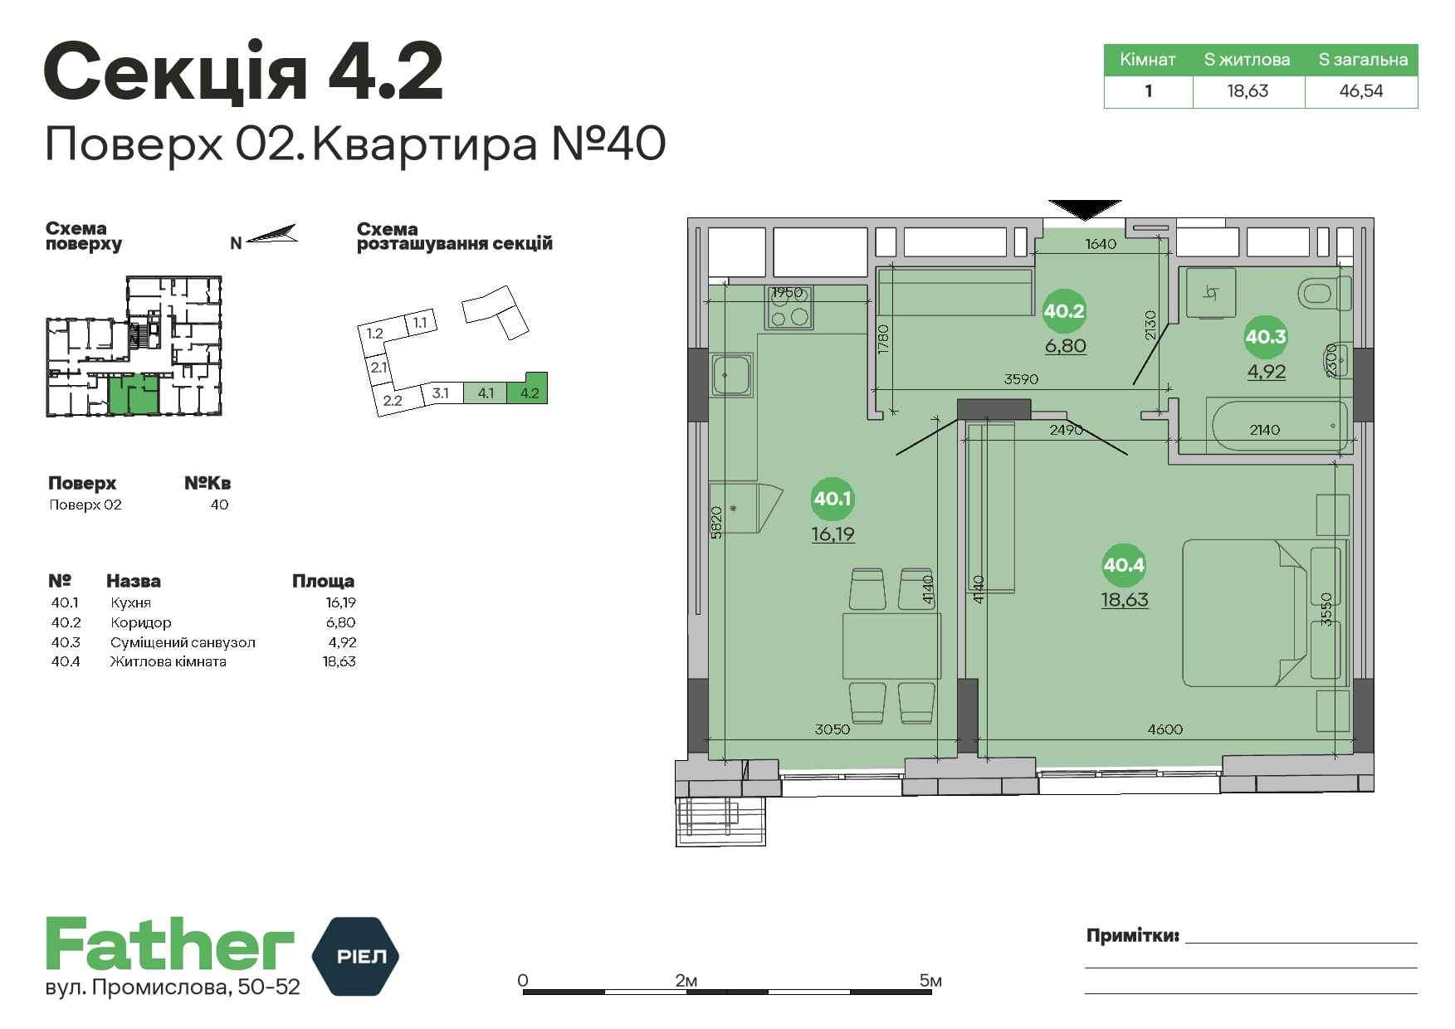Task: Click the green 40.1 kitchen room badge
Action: pos(832,499)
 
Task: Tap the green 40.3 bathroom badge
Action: pos(1266,336)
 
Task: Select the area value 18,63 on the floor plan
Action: pos(1125,599)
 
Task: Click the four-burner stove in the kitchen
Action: pos(789,307)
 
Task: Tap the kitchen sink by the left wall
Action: pos(731,376)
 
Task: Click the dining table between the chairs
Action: pos(892,646)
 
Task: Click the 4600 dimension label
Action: pos(1164,729)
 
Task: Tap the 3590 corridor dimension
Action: pos(1021,379)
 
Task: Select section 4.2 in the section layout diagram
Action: pos(529,389)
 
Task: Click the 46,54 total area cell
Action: pos(1361,91)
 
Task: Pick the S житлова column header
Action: pos(1247,60)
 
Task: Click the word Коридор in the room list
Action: pos(141,622)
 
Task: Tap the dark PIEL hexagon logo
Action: pos(354,956)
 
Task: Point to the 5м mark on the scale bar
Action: pos(930,981)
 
